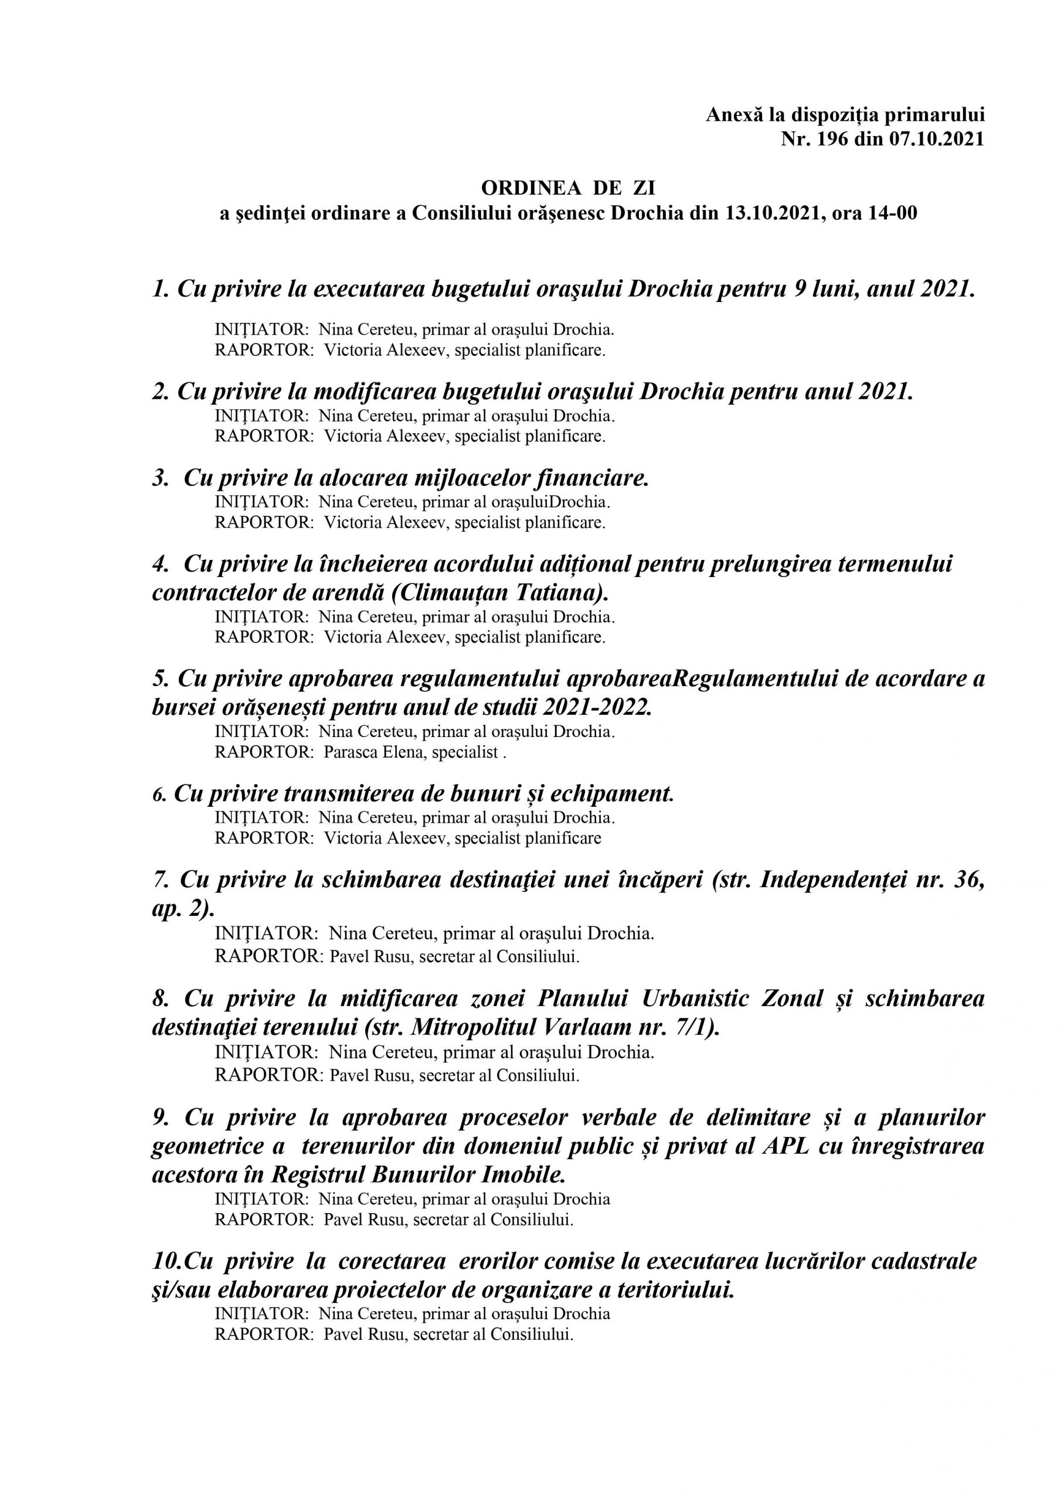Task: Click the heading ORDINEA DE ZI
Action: (567, 188)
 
